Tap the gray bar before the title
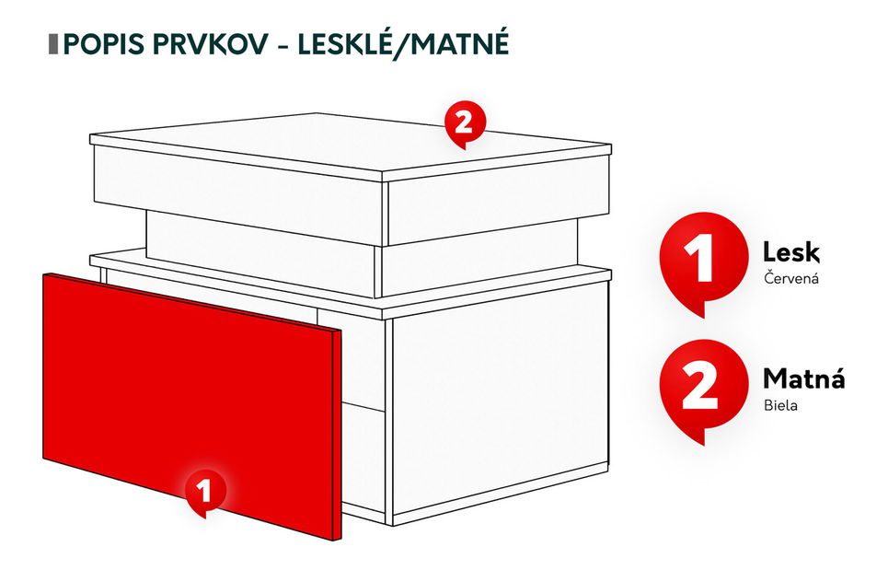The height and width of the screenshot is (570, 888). (x=52, y=44)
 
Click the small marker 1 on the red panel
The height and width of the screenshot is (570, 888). (x=205, y=490)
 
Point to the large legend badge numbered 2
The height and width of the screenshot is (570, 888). (x=701, y=388)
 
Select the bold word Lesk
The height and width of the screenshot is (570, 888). (x=791, y=252)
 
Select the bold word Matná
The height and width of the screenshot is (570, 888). (x=803, y=378)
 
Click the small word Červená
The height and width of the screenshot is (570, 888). (x=790, y=277)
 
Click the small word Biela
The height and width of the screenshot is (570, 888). (x=780, y=404)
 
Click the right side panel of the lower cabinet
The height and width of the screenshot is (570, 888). (x=497, y=405)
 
